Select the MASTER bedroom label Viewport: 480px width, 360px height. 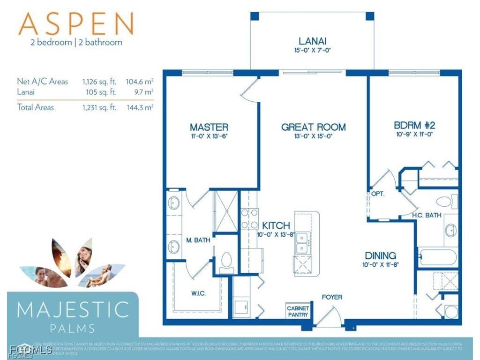[209, 127]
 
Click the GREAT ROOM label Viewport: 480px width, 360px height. [313, 127]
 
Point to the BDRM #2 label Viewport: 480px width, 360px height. [414, 126]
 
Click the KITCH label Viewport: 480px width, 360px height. [276, 225]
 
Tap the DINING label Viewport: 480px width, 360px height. [381, 255]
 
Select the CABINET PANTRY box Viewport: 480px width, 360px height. [298, 311]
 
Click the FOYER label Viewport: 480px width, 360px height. [331, 297]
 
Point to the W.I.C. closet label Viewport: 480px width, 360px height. [199, 293]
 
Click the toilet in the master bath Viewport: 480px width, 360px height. [226, 261]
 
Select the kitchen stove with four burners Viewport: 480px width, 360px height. [249, 218]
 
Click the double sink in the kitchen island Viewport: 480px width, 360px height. [302, 242]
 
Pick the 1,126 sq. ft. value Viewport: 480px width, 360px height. [99, 82]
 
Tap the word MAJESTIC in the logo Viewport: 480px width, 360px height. [73, 310]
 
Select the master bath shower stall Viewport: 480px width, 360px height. [225, 211]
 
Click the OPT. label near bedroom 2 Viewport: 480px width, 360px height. [378, 193]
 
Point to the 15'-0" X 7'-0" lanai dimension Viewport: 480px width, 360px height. [312, 50]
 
